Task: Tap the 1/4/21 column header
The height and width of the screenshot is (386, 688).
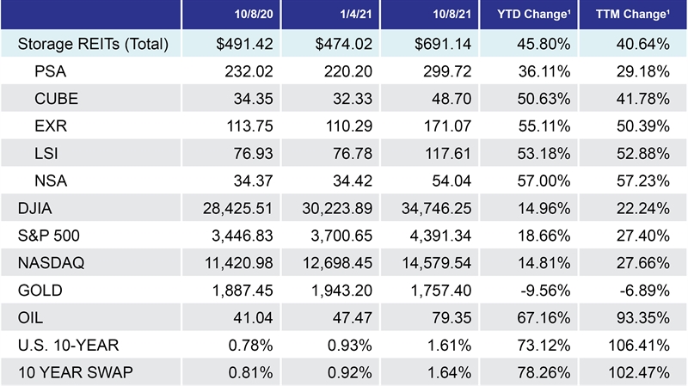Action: pos(332,15)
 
